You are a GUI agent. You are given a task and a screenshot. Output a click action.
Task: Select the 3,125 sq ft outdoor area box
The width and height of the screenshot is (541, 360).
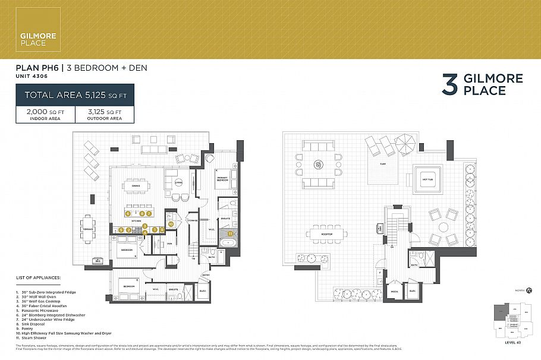(105, 115)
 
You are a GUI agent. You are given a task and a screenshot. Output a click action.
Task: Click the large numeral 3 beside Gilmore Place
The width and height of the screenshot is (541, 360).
(449, 85)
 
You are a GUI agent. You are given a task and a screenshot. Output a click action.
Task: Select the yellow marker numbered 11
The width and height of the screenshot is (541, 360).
(230, 234)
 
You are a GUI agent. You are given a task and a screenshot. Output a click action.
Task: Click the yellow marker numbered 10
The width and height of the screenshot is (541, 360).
(170, 225)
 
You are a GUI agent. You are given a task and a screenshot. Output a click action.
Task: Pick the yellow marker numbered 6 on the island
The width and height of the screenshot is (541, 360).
(127, 213)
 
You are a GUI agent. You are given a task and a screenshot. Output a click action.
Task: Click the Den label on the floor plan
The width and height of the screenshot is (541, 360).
(169, 244)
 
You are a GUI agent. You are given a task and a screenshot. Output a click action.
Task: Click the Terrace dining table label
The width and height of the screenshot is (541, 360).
(88, 229)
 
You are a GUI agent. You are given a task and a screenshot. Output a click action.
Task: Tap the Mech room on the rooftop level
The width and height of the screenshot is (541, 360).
(394, 291)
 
